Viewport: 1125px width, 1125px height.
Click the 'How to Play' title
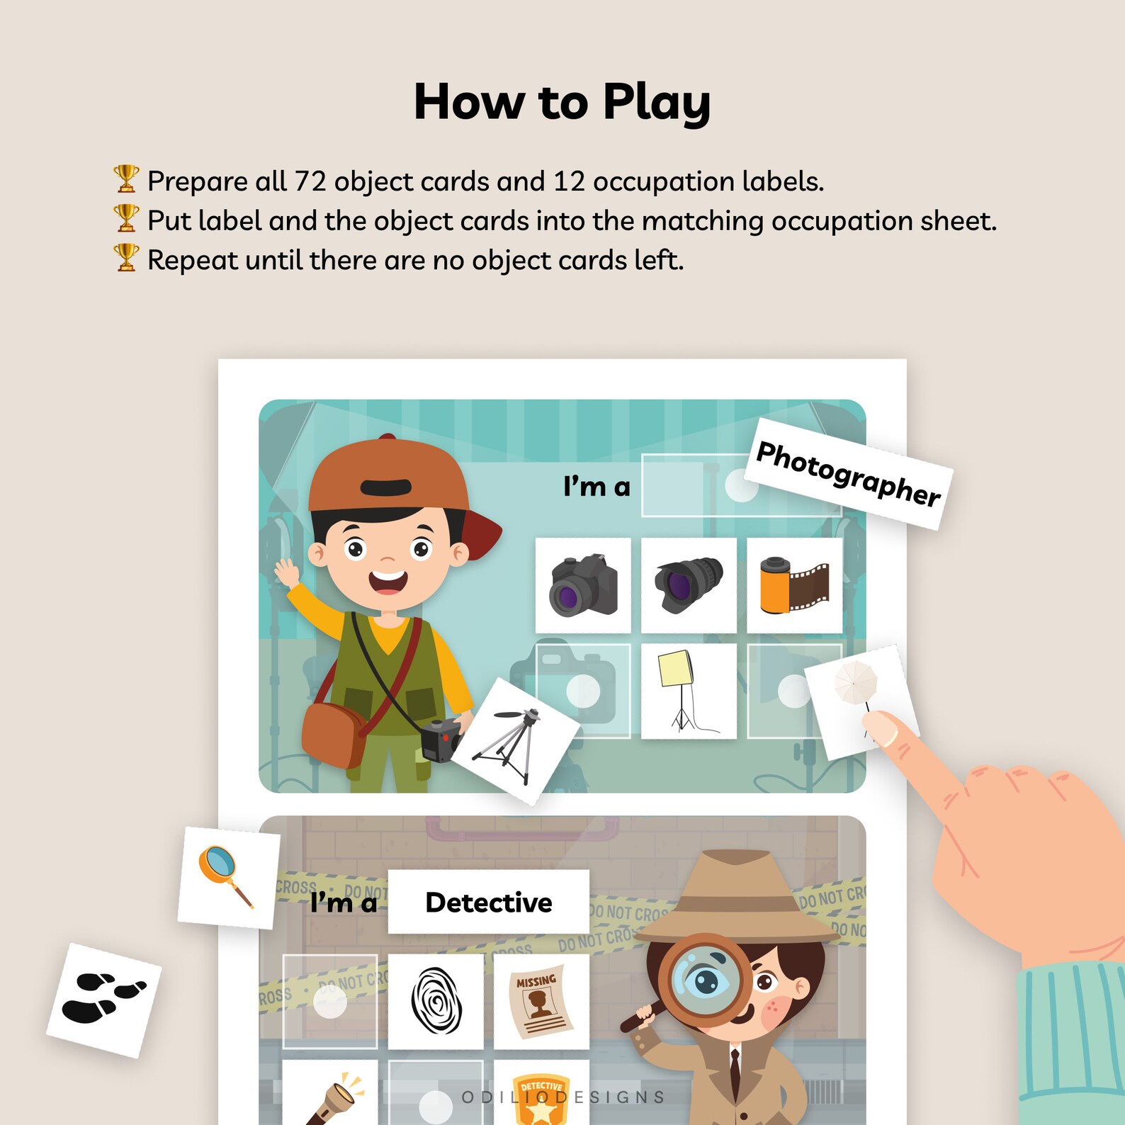click(x=562, y=102)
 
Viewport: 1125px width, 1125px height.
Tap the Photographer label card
click(x=848, y=473)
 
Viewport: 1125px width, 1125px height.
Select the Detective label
click(x=488, y=902)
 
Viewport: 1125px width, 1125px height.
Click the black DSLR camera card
click(x=583, y=585)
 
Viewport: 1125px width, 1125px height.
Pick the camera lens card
click(x=689, y=585)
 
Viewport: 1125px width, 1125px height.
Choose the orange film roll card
click(x=794, y=585)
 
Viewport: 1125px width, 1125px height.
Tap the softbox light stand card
click(x=688, y=691)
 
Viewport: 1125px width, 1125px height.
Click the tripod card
click(x=515, y=741)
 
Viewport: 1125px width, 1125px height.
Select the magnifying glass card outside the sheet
click(x=227, y=877)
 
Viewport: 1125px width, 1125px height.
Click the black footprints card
click(x=103, y=999)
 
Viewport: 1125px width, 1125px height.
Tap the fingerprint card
click(x=436, y=1001)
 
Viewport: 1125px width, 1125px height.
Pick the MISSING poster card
click(x=541, y=1001)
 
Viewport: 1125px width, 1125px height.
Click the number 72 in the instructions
click(x=310, y=181)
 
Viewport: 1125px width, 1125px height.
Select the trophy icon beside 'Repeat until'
click(x=126, y=257)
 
